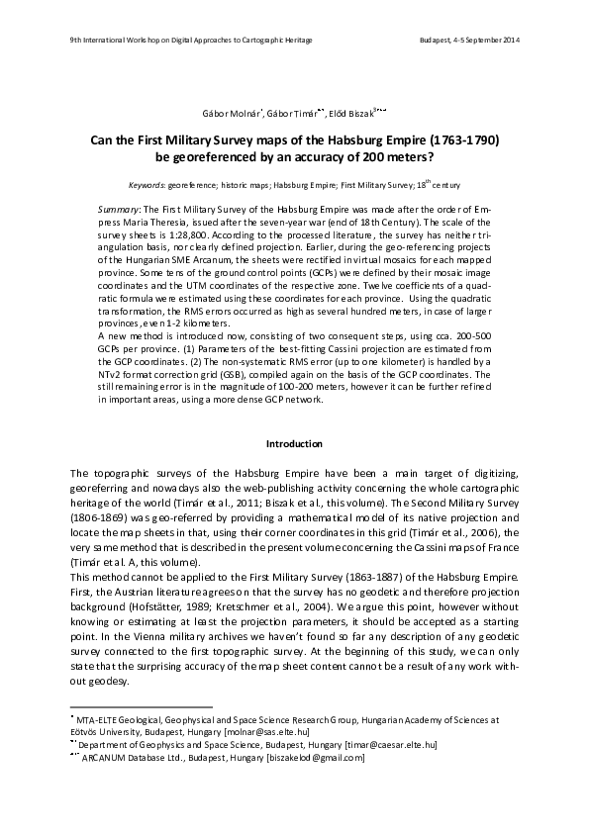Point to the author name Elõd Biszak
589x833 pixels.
point(349,115)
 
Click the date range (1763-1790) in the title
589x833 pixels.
point(459,139)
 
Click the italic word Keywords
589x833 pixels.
point(147,185)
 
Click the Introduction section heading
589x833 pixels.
point(294,443)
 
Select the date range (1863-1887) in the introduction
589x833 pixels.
point(343,574)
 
